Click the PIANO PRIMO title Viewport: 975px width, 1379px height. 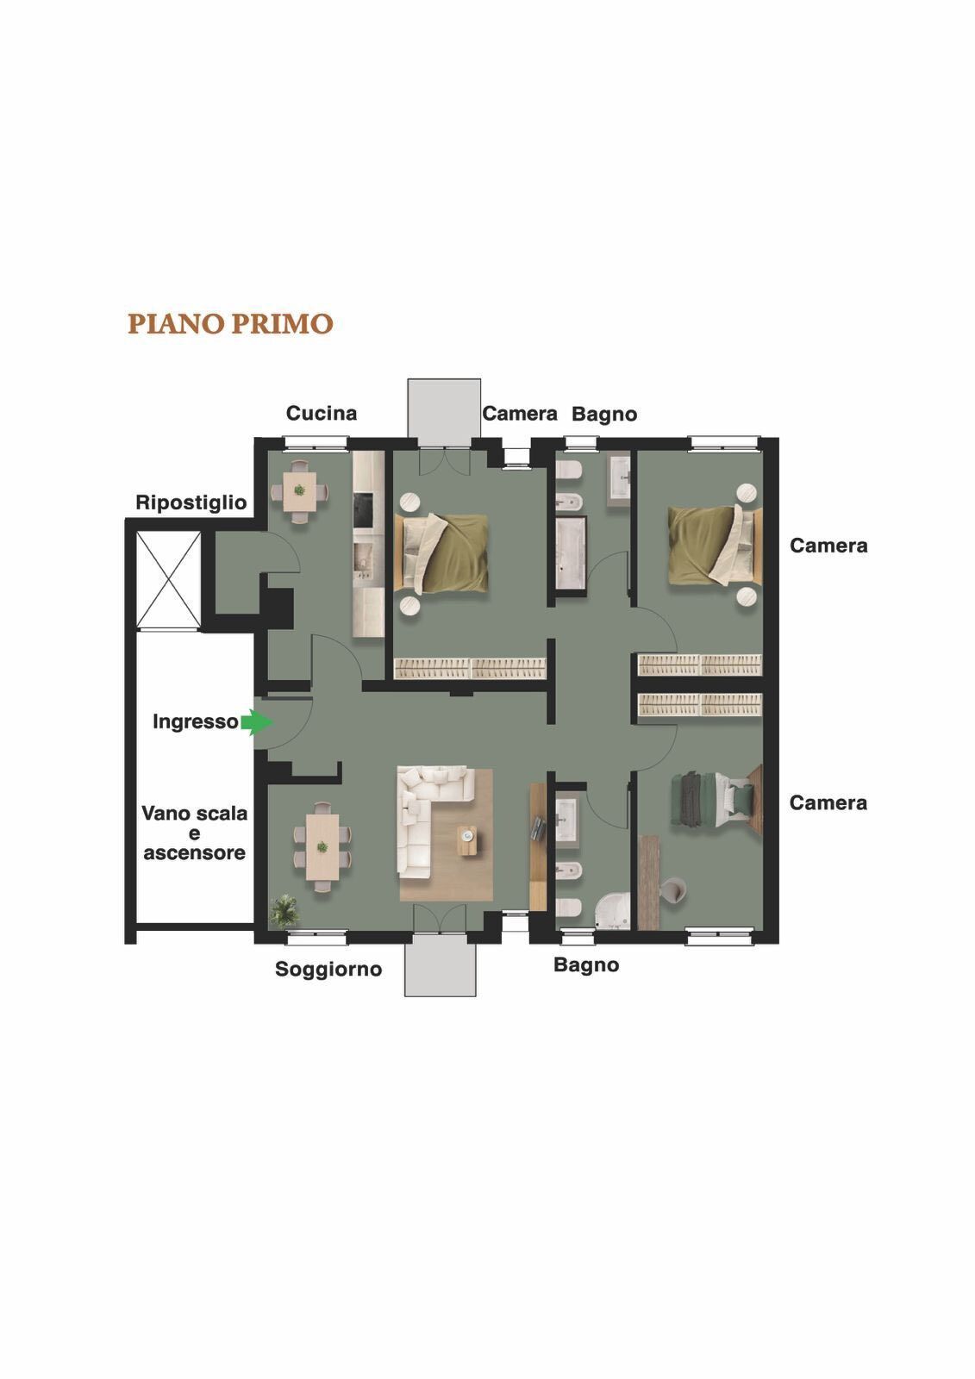point(230,324)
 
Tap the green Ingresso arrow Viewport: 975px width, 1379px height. point(257,722)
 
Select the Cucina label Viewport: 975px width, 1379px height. point(322,413)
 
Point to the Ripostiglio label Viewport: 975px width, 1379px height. point(191,503)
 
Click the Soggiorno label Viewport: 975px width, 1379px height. point(328,969)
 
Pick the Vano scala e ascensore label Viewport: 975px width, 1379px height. point(195,833)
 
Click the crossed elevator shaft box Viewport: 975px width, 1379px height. point(168,579)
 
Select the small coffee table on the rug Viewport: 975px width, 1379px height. point(467,840)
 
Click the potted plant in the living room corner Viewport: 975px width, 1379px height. point(284,911)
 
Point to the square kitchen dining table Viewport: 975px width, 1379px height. point(299,490)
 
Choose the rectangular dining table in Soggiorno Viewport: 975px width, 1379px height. point(322,847)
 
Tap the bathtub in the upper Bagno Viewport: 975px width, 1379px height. point(571,552)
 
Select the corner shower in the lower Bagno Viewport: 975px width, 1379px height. point(613,909)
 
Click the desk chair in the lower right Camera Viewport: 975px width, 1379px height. point(672,890)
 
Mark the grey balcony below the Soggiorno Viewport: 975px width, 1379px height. point(440,965)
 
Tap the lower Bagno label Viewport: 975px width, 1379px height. point(585,964)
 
